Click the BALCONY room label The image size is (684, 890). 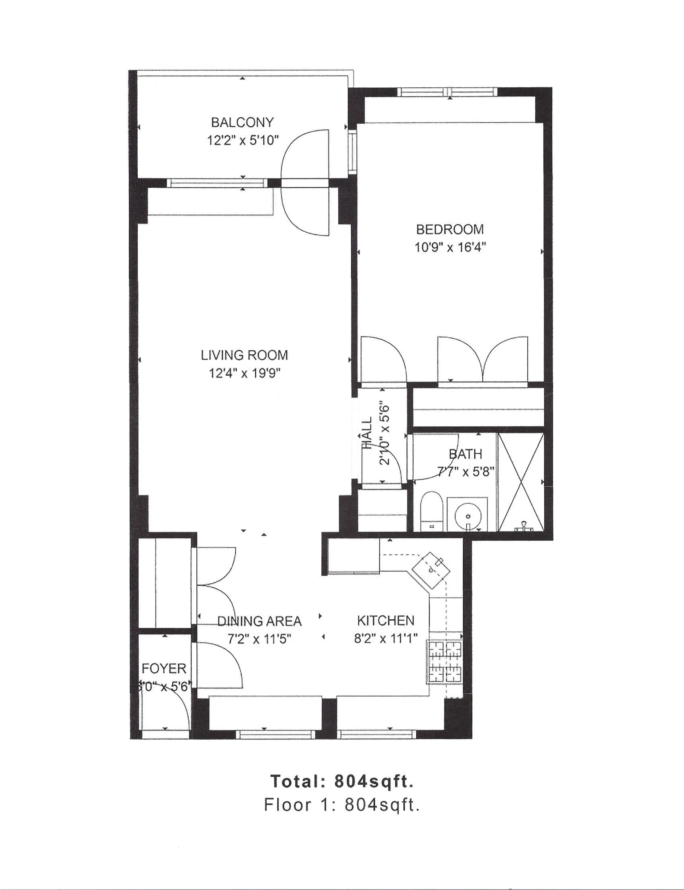(242, 122)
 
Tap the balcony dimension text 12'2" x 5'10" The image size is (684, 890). (243, 141)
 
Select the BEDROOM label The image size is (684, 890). (450, 229)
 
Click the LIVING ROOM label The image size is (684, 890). (244, 356)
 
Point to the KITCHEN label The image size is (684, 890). (385, 621)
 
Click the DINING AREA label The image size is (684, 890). (259, 621)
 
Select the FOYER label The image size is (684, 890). (164, 668)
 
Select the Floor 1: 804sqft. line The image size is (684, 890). (342, 805)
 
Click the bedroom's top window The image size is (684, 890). (447, 92)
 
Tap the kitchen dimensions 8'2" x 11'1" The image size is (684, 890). (385, 639)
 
